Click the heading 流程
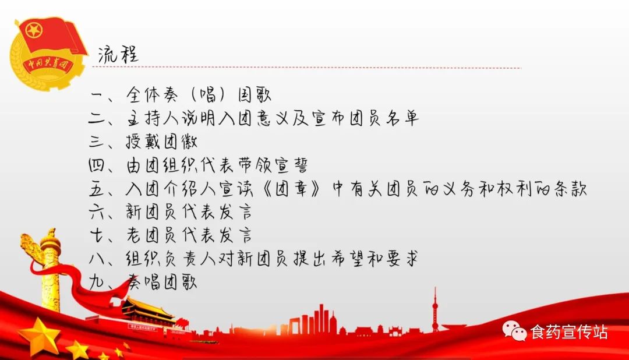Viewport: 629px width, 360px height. click(x=118, y=54)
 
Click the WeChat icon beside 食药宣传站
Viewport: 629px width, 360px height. click(x=514, y=331)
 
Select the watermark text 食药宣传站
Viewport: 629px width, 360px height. click(x=569, y=332)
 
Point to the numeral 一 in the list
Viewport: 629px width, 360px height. click(x=97, y=96)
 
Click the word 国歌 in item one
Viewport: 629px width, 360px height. click(x=255, y=95)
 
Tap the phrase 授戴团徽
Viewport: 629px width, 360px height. click(x=161, y=142)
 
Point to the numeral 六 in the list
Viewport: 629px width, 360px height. click(x=97, y=212)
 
